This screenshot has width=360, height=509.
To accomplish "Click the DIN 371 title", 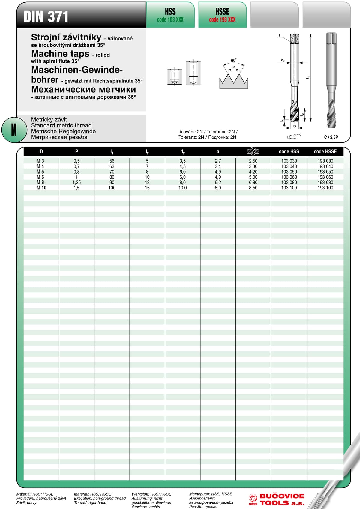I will tap(46, 16).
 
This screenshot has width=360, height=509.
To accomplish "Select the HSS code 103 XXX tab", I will tap(170, 15).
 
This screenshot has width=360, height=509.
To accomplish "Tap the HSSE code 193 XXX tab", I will tap(222, 15).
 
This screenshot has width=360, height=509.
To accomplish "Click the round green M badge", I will tap(14, 130).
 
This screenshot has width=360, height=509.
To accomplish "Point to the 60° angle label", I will tap(234, 60).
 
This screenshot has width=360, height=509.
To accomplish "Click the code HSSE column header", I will tap(325, 152).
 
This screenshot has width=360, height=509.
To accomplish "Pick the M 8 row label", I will tap(40, 182).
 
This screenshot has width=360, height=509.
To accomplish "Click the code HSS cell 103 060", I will tap(289, 177).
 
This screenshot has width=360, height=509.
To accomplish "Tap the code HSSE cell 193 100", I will tap(325, 188).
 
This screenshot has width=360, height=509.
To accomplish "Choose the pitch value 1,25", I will tap(76, 182).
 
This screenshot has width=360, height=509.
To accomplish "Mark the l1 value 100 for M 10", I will tap(112, 188).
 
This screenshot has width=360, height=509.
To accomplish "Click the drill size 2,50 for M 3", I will tap(253, 161).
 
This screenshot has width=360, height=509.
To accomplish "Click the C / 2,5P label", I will tap(331, 137).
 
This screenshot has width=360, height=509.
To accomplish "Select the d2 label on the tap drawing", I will tap(283, 60).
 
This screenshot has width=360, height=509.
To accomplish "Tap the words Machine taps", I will tap(60, 54).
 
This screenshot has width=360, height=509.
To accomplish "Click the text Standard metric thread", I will tap(61, 125).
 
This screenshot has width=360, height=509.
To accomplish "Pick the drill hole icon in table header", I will tap(253, 151).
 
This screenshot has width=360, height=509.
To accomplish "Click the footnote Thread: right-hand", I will tap(90, 502).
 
